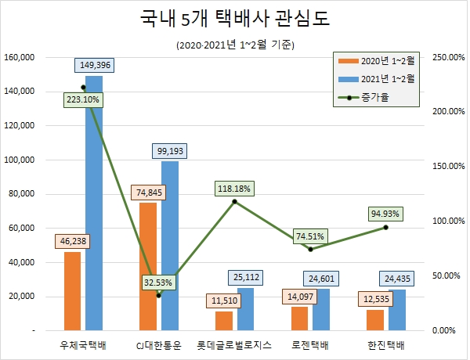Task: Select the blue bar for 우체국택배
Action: (x=94, y=203)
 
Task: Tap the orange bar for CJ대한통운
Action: (x=148, y=266)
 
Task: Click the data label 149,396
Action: (x=94, y=65)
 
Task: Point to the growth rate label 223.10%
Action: (x=84, y=100)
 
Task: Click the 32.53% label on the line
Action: (x=159, y=282)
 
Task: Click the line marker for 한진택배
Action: (x=386, y=227)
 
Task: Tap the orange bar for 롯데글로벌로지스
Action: (x=224, y=321)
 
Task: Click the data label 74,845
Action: (x=148, y=192)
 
